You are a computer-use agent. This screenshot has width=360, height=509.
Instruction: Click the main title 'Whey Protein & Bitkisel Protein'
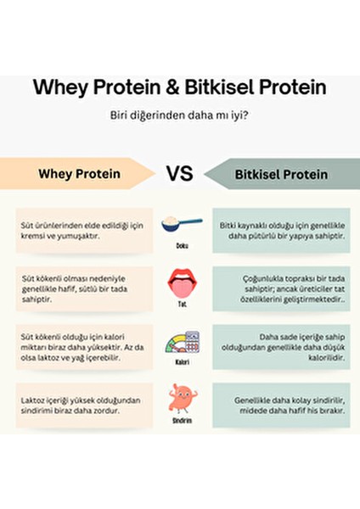tap(179, 87)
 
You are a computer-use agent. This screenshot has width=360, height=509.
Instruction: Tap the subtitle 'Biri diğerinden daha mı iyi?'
tap(179, 116)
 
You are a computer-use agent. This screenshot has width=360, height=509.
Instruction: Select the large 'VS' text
tap(179, 174)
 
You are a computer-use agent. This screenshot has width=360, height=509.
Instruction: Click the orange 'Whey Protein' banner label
tap(78, 174)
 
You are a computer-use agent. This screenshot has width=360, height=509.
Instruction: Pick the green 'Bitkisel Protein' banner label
tap(280, 174)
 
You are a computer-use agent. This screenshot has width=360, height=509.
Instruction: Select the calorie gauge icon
tap(179, 344)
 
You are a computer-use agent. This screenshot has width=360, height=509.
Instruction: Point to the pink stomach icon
tap(179, 398)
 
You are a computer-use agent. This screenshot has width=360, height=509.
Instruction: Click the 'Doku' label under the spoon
tap(179, 247)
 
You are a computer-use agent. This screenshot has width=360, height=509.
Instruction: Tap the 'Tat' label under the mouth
tap(179, 303)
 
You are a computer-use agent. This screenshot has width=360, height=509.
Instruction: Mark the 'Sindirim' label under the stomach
tap(179, 418)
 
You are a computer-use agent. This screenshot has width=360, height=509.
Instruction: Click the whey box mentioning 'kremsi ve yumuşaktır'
tap(83, 230)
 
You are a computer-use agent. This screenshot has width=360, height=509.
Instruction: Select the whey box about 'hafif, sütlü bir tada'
tap(83, 288)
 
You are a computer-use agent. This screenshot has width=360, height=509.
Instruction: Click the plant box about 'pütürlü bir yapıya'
tap(278, 230)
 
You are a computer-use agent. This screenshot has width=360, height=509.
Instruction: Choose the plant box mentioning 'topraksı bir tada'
tap(278, 288)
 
